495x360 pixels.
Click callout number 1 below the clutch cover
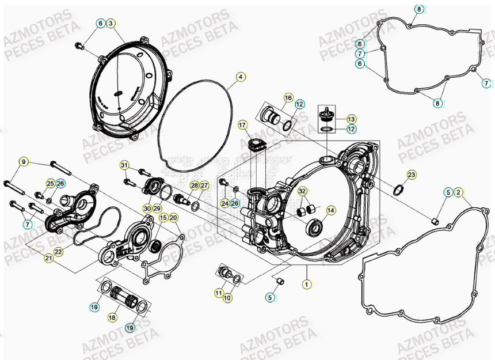coord(307,283)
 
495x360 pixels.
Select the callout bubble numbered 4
coord(241,77)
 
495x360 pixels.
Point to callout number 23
coord(411,175)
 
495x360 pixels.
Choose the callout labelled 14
coord(330,211)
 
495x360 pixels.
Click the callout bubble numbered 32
coord(303,191)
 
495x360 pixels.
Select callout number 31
coord(124,166)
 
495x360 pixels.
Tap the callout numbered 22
coord(59,251)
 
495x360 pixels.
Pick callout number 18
coord(112,317)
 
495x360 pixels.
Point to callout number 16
coord(288,98)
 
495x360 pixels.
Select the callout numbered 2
coord(458,192)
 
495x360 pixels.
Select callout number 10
coord(228,298)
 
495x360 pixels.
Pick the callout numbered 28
coord(195,185)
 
